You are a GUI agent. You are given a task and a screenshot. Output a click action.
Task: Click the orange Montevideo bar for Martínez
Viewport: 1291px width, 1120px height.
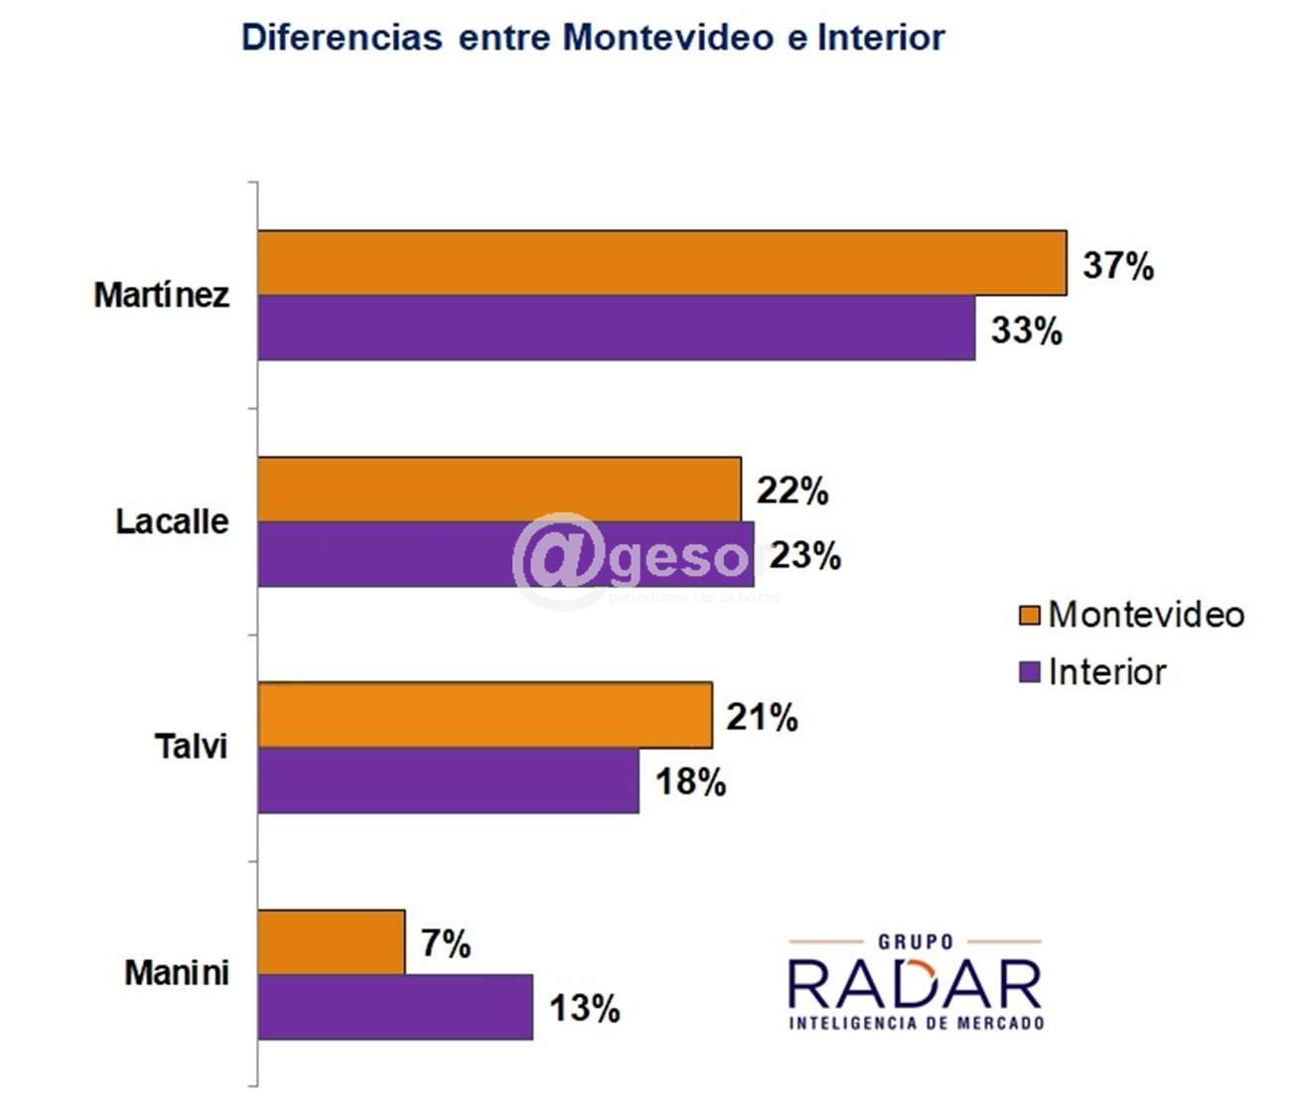pyautogui.click(x=661, y=263)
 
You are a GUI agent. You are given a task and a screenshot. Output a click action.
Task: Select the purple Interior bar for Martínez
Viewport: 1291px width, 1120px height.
pyautogui.click(x=616, y=329)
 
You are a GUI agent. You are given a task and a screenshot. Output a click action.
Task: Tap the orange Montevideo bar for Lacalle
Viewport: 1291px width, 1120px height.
pyautogui.click(x=499, y=490)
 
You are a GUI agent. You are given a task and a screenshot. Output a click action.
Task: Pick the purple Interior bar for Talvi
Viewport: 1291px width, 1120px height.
pyautogui.click(x=448, y=780)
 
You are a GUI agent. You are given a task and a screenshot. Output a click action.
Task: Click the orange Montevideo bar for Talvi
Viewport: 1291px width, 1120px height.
pyautogui.click(x=485, y=715)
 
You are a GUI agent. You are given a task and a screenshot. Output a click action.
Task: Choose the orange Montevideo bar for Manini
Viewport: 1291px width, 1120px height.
pyautogui.click(x=331, y=941)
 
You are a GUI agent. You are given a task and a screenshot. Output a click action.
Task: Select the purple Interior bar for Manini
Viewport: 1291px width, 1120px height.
pyautogui.click(x=395, y=1007)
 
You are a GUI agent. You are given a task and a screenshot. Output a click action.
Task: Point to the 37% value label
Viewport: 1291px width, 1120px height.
pyautogui.click(x=1118, y=266)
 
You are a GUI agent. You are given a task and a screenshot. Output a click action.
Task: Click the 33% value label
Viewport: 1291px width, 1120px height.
pyautogui.click(x=1026, y=331)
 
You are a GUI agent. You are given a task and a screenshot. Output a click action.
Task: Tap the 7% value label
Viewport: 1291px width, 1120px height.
pyautogui.click(x=445, y=943)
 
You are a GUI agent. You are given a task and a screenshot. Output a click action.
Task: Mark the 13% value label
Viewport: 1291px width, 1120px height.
pyautogui.click(x=584, y=1009)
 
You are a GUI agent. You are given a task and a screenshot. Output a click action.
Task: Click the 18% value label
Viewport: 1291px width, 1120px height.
pyautogui.click(x=690, y=782)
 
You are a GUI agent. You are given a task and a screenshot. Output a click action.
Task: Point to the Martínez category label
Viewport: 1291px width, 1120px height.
pyautogui.click(x=161, y=295)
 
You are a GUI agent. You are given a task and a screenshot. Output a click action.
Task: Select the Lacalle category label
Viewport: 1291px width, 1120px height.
pyautogui.click(x=172, y=521)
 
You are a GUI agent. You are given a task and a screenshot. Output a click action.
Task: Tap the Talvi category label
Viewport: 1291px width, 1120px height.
pyautogui.click(x=191, y=747)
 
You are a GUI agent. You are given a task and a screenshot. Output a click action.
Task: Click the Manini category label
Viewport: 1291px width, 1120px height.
pyautogui.click(x=176, y=973)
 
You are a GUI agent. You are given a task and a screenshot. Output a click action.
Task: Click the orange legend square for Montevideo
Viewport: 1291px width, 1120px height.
pyautogui.click(x=1029, y=615)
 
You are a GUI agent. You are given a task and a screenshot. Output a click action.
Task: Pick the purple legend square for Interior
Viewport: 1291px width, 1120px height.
pyautogui.click(x=1029, y=672)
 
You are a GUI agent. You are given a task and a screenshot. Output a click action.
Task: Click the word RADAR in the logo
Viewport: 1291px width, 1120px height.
pyautogui.click(x=915, y=985)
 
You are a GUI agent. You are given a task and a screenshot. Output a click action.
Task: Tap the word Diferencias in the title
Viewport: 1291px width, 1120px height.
pyautogui.click(x=342, y=38)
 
